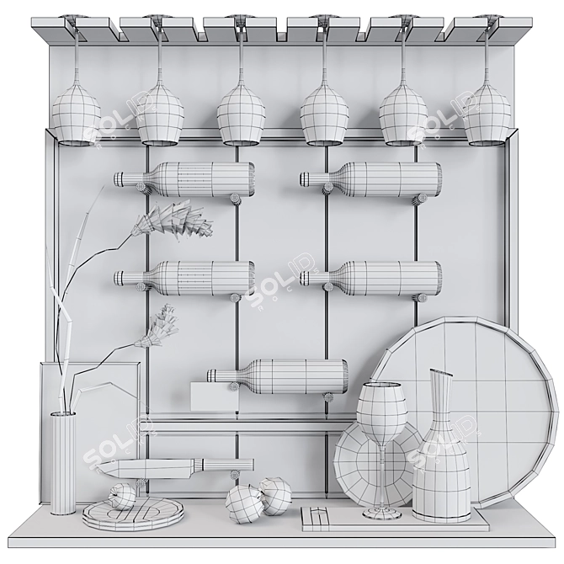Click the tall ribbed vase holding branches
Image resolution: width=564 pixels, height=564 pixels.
coord(63,463)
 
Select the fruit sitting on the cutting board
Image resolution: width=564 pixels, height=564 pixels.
coord(122,497)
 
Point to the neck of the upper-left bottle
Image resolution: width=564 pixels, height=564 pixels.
coord(133,178)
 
